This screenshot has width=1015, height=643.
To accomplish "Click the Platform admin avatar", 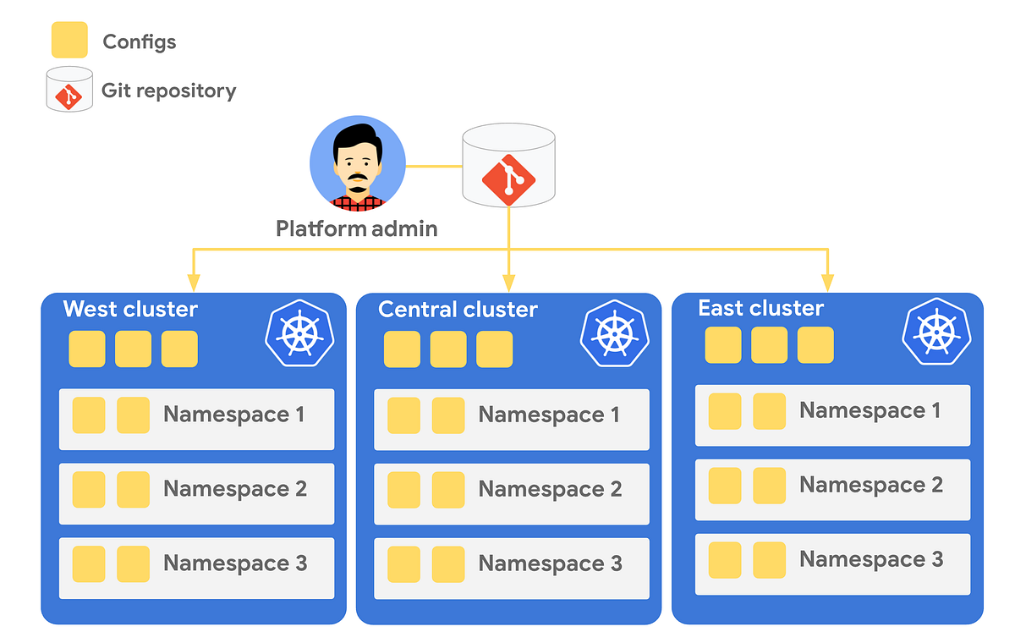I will tap(358, 163).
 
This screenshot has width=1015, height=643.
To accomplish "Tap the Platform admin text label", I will tap(357, 228).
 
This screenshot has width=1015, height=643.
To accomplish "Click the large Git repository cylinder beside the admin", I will tap(508, 166).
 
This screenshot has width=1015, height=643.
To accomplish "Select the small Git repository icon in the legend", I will tap(69, 90).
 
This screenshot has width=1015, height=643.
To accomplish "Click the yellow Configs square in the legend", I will tap(69, 41).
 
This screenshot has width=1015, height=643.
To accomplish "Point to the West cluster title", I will tap(130, 309).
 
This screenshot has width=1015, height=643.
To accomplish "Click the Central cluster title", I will tap(458, 310).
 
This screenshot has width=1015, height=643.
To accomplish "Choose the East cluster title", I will tap(760, 308).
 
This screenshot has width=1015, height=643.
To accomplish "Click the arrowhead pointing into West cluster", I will tap(194, 282).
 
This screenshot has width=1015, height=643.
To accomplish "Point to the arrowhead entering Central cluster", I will tap(508, 282).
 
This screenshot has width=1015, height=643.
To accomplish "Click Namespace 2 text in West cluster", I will tap(235, 489).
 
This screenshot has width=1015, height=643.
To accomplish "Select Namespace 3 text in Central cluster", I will tap(550, 563).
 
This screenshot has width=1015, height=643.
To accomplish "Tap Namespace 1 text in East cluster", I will tap(870, 410).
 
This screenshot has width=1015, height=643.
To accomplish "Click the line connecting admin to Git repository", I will tap(434, 166).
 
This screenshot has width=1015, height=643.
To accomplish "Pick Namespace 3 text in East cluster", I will tap(871, 559).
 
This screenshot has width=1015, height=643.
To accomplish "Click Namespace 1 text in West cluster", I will tap(233, 415).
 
